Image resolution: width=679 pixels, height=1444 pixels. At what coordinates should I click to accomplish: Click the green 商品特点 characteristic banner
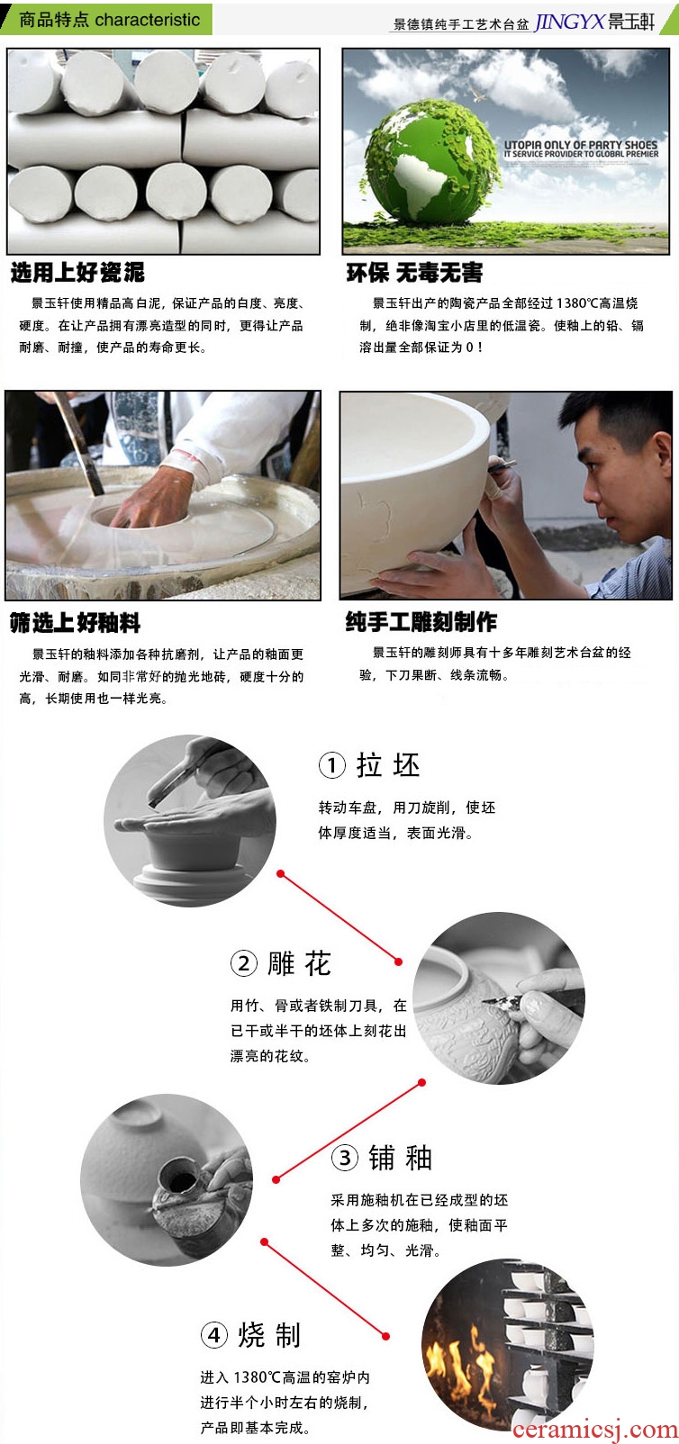tap(106, 19)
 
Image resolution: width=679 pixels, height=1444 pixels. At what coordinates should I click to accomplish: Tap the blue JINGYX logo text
tap(569, 22)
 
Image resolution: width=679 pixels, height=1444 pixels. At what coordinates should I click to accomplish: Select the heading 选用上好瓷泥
tap(77, 273)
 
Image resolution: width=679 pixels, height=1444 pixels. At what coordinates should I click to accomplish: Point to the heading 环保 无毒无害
tap(414, 273)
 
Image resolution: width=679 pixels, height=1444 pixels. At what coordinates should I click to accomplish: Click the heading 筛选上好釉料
tap(75, 623)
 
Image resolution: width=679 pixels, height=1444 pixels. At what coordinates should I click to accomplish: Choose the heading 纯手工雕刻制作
tap(421, 622)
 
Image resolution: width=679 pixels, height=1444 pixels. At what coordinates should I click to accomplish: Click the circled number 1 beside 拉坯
tap(332, 765)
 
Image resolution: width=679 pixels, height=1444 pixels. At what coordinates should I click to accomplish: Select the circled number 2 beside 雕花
tap(244, 964)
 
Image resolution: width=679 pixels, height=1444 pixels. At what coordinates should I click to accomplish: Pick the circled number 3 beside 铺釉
tap(345, 1157)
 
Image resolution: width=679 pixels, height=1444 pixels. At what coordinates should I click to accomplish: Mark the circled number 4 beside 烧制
tap(214, 1334)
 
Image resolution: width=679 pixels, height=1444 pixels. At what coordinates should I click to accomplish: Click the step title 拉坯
tap(388, 765)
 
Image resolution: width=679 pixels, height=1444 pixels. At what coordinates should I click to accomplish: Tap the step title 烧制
tap(269, 1334)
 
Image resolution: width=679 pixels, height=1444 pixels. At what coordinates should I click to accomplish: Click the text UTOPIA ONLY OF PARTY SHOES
tap(580, 145)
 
